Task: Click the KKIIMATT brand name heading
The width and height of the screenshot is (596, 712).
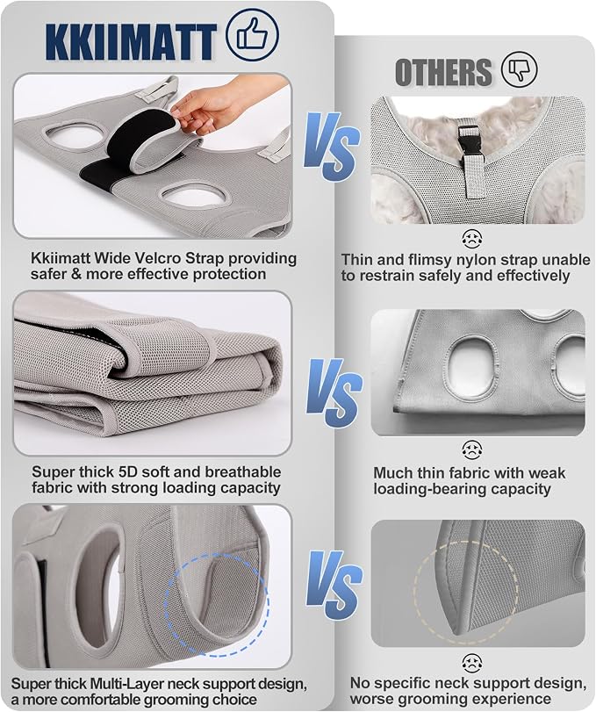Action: tap(131, 42)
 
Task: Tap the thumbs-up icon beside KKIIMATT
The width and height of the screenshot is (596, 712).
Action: tap(252, 34)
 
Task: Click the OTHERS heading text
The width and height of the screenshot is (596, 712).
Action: tap(443, 72)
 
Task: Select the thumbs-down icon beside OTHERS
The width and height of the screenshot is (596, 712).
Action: tap(520, 69)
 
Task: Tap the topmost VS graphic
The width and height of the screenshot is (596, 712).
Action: tap(332, 147)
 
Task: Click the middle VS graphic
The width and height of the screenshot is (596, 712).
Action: tap(334, 392)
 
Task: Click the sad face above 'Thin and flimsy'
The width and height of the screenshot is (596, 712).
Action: tap(472, 239)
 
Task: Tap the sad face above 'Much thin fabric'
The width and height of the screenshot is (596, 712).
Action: tap(472, 449)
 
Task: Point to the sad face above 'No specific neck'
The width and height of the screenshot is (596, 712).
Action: tap(472, 664)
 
